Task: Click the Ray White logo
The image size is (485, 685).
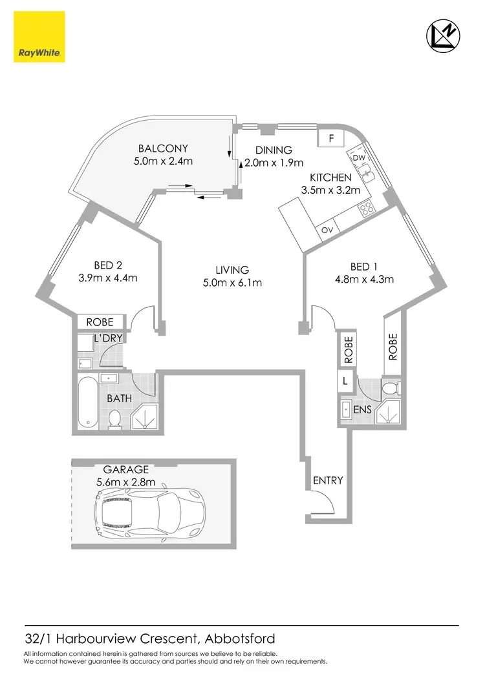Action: [39, 39]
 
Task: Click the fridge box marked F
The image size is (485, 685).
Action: [331, 138]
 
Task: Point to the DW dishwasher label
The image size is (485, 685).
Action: [359, 157]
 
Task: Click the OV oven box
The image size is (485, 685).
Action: [327, 230]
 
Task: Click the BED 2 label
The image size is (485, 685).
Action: [107, 265]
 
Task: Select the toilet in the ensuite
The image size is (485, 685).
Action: [390, 389]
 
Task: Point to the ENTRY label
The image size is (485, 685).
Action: [328, 480]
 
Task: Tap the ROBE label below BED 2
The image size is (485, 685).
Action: [100, 322]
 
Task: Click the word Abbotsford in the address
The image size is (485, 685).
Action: [239, 639]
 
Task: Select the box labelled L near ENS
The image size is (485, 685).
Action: [345, 382]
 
